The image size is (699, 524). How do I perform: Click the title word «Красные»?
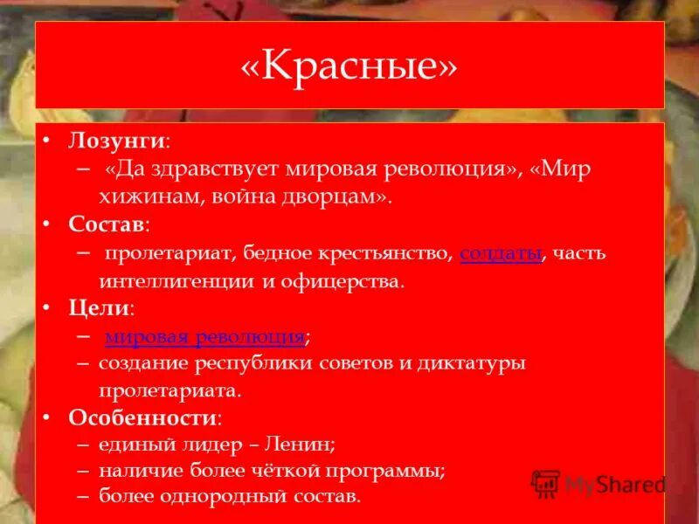[x=349, y=67]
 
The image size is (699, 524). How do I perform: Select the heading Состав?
[x=107, y=224]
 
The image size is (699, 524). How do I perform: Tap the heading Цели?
[x=100, y=308]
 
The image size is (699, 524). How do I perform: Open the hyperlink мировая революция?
[x=205, y=337]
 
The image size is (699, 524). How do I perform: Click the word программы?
[x=386, y=471]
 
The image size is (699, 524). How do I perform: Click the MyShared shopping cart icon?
[x=545, y=483]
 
